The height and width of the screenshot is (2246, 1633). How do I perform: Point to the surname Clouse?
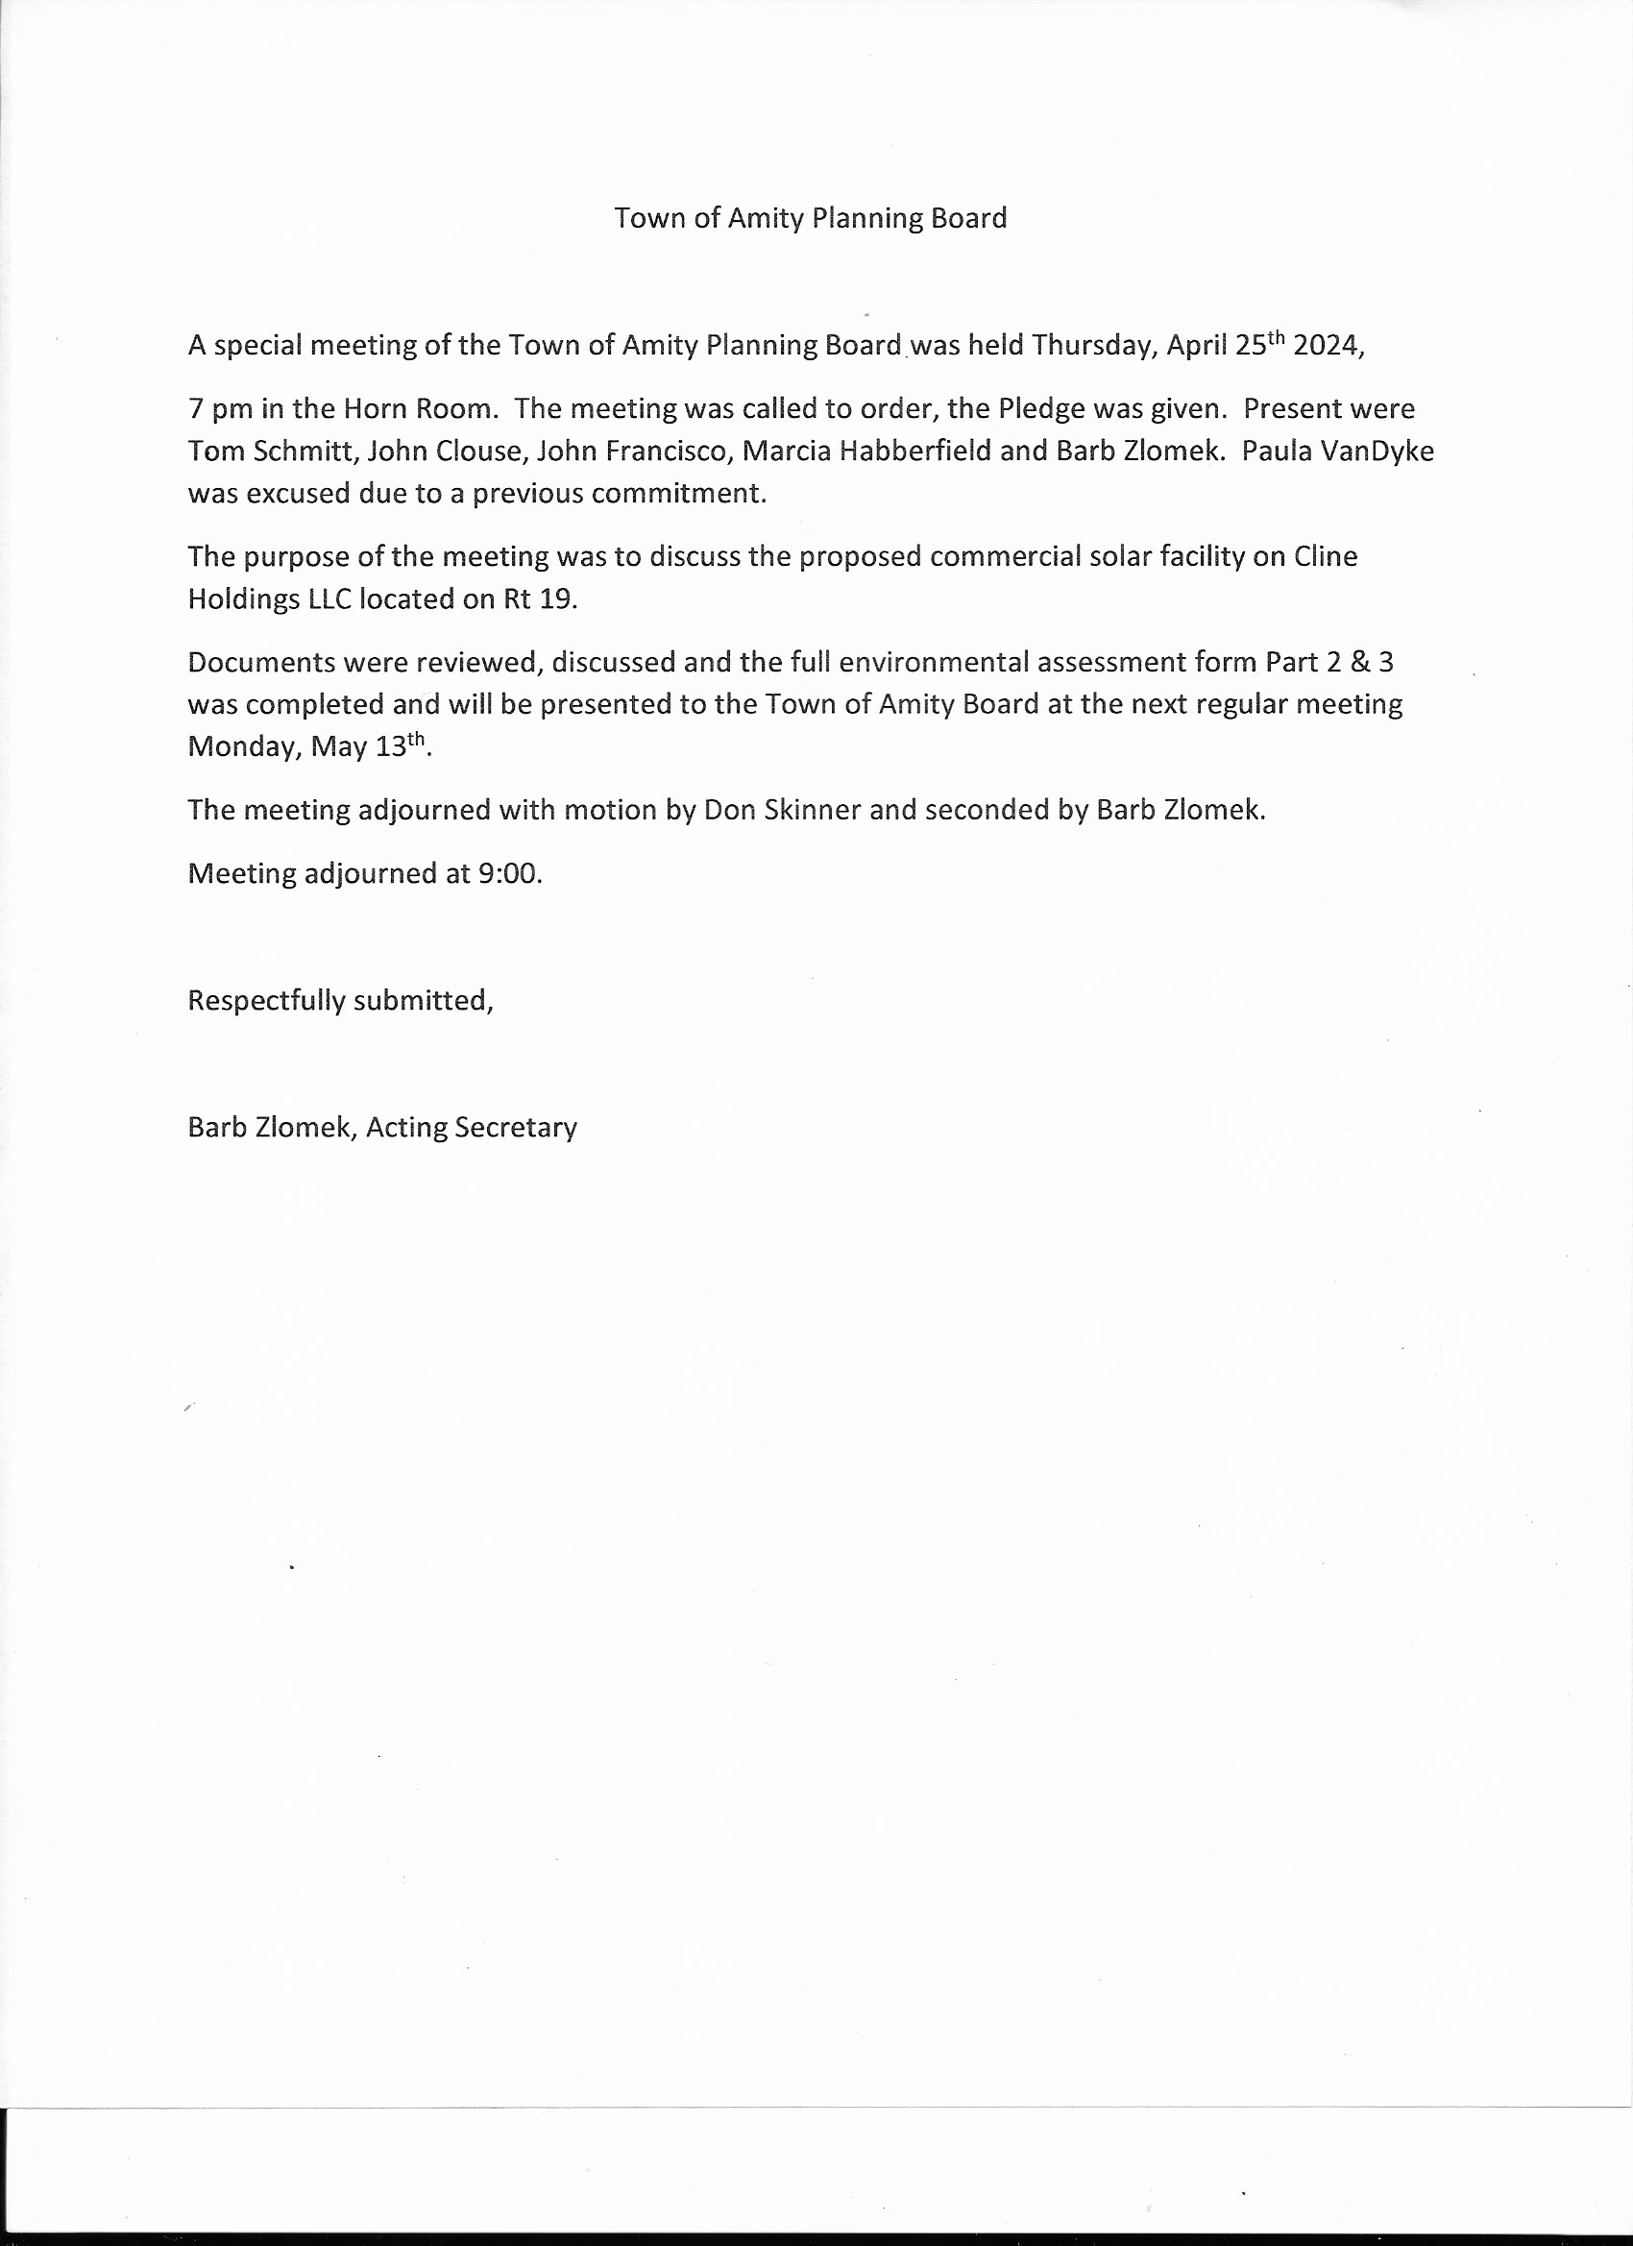pyautogui.click(x=478, y=452)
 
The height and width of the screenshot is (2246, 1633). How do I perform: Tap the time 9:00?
pyautogui.click(x=509, y=873)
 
